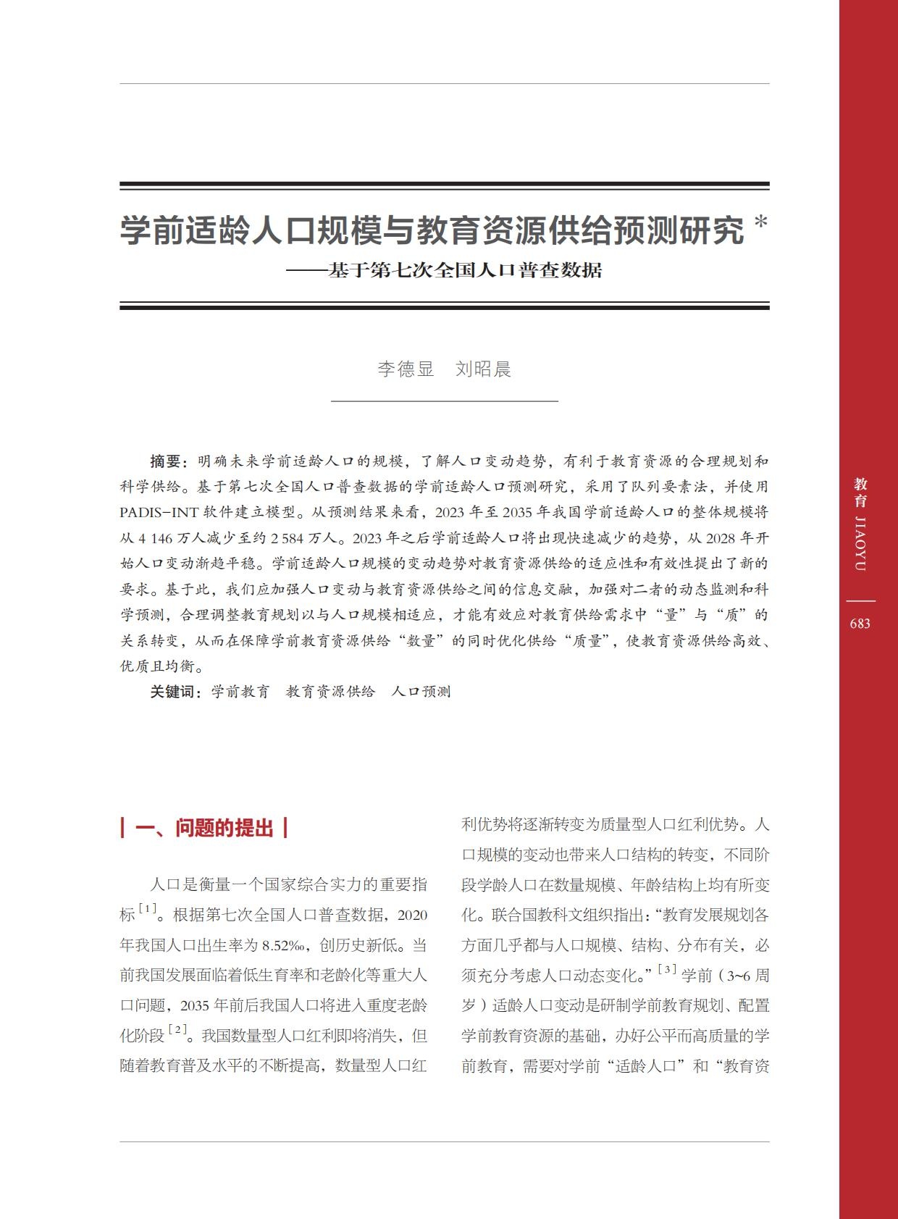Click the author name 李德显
[x=406, y=369]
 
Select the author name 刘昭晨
[x=483, y=369]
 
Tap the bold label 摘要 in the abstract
[x=166, y=461]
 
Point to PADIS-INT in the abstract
[x=159, y=513]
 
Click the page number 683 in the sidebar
[x=860, y=624]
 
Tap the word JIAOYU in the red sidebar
[x=860, y=544]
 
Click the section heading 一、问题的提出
[x=204, y=828]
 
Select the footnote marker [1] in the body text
[x=148, y=909]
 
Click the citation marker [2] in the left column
[x=177, y=1029]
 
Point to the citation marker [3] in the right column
[x=667, y=969]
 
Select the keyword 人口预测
[x=421, y=692]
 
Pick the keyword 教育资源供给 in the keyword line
[x=330, y=692]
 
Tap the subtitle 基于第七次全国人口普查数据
[x=464, y=271]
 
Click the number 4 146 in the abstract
[x=151, y=538]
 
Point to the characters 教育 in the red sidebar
[x=860, y=493]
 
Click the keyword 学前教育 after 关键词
[x=240, y=692]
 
